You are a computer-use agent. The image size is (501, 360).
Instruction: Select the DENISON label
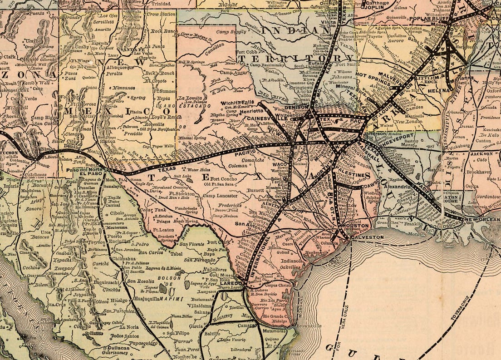click(x=309, y=108)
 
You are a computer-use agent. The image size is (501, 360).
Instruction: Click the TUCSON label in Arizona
click(x=10, y=153)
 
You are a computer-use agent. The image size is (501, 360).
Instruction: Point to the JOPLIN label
click(x=375, y=8)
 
